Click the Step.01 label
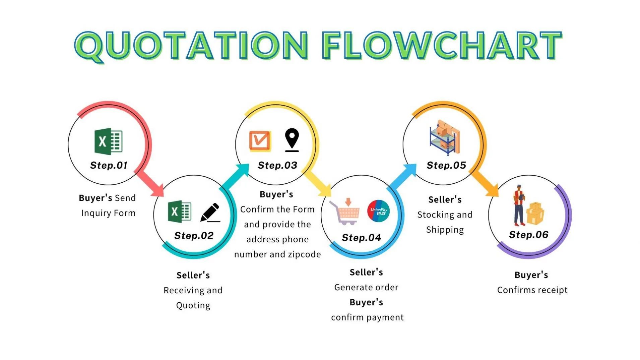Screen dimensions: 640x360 coord(109,165)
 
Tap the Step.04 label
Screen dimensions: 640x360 coord(361,238)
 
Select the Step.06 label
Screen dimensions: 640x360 coord(528,235)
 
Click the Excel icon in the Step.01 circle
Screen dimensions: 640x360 coord(109,141)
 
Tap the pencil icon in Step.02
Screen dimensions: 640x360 coord(210,213)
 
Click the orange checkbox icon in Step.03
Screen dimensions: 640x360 coord(260,141)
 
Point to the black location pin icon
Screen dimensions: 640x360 coord(292,140)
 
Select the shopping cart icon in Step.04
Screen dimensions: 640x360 coord(345,212)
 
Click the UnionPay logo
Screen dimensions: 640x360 coord(378,211)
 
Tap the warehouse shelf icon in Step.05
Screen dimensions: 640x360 coord(445,137)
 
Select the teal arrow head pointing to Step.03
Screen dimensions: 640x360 coord(242,170)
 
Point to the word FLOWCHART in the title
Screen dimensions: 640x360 coord(442,46)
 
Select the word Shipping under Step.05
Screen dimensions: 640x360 coord(445,230)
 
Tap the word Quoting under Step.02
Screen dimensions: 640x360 coord(193,305)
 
